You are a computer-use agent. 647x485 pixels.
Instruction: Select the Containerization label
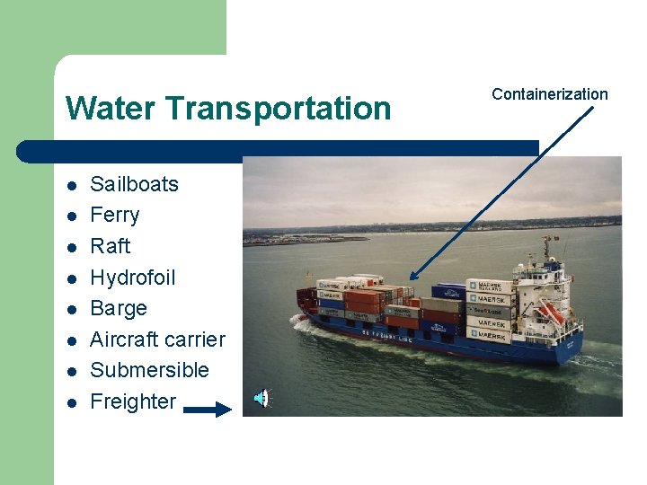(550, 94)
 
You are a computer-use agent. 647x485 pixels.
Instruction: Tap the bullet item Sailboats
(135, 184)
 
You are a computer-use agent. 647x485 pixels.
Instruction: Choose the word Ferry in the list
(115, 216)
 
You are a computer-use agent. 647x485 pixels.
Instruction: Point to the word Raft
(111, 246)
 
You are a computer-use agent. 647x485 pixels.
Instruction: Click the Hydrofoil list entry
(133, 278)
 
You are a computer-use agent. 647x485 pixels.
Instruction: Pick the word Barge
(119, 309)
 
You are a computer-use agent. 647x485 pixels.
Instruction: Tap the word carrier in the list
(195, 339)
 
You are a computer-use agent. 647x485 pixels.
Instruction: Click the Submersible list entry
(150, 370)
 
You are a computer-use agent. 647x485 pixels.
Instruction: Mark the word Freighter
(134, 401)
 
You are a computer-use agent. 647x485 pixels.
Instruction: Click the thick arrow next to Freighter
(208, 410)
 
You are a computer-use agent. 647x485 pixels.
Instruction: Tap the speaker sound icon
(261, 398)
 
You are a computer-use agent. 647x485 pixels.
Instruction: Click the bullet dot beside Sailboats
(71, 186)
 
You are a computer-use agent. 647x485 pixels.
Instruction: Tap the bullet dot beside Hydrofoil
(71, 279)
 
